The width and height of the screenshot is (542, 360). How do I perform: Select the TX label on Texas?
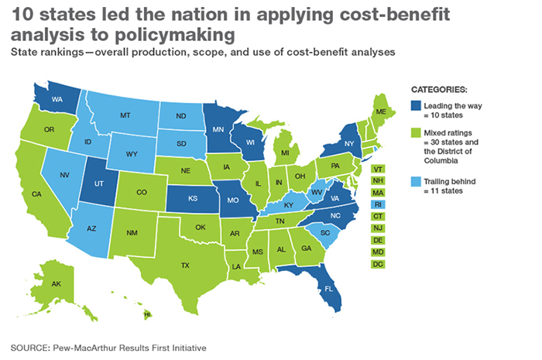[x=185, y=265]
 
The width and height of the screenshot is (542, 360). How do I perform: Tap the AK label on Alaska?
[x=56, y=284]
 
